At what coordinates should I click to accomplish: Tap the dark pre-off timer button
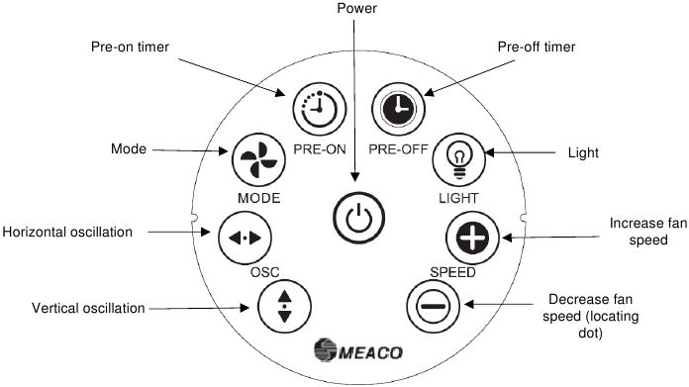click(x=396, y=105)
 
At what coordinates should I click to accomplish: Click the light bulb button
click(x=457, y=156)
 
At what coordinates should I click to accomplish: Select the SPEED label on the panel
click(x=452, y=270)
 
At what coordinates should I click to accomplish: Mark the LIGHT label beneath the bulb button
click(x=458, y=197)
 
